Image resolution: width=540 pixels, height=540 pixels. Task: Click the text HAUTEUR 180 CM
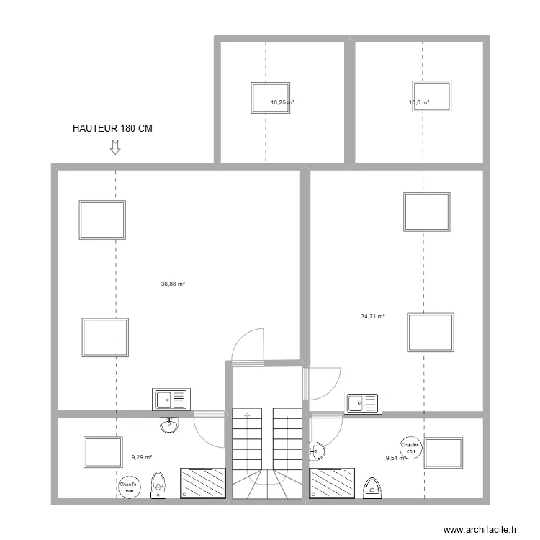pyautogui.click(x=112, y=129)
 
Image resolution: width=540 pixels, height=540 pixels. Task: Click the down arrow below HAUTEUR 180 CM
pyautogui.click(x=114, y=148)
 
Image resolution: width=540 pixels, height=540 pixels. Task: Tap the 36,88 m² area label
pyautogui.click(x=173, y=284)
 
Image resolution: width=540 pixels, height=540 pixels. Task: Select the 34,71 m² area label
pyautogui.click(x=372, y=315)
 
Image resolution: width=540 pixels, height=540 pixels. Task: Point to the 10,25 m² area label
pyautogui.click(x=282, y=103)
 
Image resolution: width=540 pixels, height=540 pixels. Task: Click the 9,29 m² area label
pyautogui.click(x=141, y=456)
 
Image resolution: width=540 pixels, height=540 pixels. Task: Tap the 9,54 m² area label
pyautogui.click(x=395, y=457)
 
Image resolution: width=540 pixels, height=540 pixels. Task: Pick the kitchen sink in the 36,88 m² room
pyautogui.click(x=171, y=398)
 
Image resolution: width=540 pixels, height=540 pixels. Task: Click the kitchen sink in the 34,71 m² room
pyautogui.click(x=363, y=402)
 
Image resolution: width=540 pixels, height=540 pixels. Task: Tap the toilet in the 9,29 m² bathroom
pyautogui.click(x=158, y=485)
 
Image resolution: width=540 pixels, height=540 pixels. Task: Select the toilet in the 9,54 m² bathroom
pyautogui.click(x=372, y=487)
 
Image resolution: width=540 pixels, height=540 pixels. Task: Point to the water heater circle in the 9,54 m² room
pyautogui.click(x=411, y=447)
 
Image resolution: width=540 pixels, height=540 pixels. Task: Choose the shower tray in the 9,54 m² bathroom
pyautogui.click(x=332, y=482)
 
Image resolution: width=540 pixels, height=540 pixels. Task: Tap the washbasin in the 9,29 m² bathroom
pyautogui.click(x=169, y=426)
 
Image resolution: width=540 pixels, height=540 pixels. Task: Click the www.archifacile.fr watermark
pyautogui.click(x=480, y=529)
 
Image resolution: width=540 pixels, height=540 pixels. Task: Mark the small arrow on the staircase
pyautogui.click(x=246, y=415)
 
